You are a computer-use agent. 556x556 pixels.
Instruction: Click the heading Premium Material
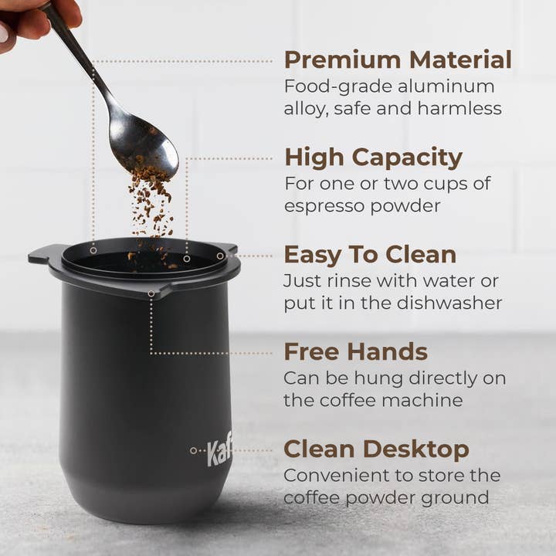(x=398, y=59)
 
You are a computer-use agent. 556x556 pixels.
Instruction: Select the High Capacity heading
(x=373, y=158)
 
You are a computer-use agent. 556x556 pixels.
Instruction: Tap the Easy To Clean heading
(x=370, y=255)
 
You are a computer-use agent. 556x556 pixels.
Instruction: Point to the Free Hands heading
(x=355, y=352)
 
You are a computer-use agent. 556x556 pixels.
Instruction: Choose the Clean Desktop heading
(x=376, y=449)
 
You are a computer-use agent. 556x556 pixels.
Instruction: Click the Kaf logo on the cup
(x=219, y=451)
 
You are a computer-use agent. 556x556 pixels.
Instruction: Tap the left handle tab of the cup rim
(x=40, y=255)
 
